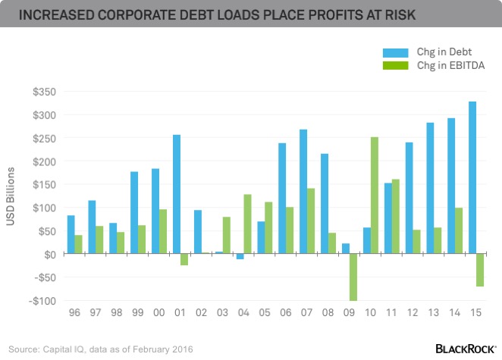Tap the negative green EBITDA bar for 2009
coord(353,277)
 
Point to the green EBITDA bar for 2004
coord(247,224)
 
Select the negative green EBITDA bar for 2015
coord(480,271)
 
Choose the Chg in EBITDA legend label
coord(450,67)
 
